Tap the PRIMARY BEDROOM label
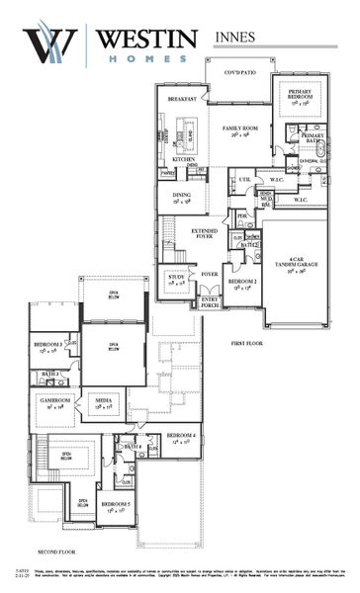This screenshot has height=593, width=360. click(x=299, y=94)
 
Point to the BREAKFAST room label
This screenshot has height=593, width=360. click(x=181, y=100)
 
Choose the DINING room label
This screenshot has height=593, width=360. click(x=181, y=197)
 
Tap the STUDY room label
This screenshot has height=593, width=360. click(x=176, y=278)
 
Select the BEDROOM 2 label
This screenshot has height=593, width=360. click(x=241, y=283)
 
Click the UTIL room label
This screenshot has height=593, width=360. click(x=244, y=180)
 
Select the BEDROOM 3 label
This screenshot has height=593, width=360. click(x=48, y=345)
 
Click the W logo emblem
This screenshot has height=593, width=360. click(x=50, y=44)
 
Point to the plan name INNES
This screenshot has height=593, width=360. click(x=234, y=37)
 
